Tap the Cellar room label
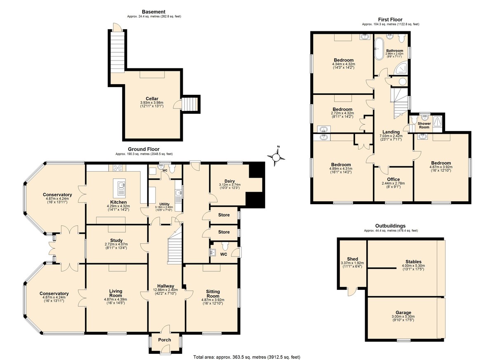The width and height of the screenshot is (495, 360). click(152, 99)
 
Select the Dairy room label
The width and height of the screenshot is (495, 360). click(230, 181)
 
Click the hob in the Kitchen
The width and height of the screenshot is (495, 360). click(117, 168)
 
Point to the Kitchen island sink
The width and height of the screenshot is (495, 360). click(119, 188)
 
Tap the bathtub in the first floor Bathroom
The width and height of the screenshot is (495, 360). click(379, 49)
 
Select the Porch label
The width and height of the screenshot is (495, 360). click(165, 340)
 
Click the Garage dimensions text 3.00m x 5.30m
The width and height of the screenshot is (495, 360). click(403, 316)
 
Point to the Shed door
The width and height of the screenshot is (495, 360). click(352, 292)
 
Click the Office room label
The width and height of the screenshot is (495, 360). click(394, 179)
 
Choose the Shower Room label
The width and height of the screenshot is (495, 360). click(424, 125)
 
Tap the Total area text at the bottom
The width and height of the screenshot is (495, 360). click(247, 357)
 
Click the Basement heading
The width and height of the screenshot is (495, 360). click(153, 12)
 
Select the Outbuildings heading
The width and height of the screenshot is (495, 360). click(390, 226)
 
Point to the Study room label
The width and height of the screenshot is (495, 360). click(116, 240)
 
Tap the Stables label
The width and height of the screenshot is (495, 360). click(413, 262)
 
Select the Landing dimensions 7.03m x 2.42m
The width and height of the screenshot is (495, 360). click(391, 136)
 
